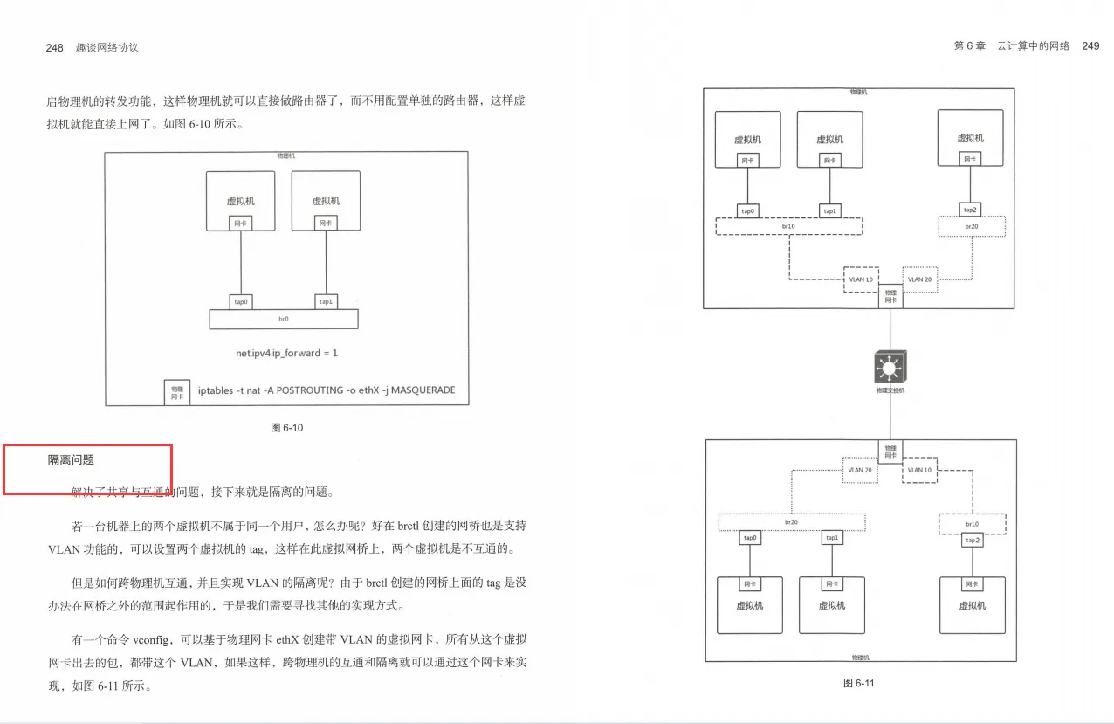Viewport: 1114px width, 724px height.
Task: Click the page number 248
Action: [x=54, y=48]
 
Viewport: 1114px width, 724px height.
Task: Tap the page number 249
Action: [x=1090, y=45]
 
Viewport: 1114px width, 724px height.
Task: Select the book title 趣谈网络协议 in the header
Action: [x=107, y=48]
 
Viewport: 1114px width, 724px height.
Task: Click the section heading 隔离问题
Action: [x=71, y=459]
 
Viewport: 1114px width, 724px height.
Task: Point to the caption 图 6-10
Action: [x=287, y=428]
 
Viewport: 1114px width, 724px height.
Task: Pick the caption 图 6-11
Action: [x=859, y=683]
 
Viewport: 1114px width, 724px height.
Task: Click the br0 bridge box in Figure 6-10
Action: [x=284, y=320]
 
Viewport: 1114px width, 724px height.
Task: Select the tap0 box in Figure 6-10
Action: [x=241, y=302]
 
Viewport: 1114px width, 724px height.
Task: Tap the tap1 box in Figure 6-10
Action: [x=326, y=302]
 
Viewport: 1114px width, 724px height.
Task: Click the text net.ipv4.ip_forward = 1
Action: [x=286, y=354]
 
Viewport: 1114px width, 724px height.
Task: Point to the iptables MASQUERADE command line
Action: [x=327, y=390]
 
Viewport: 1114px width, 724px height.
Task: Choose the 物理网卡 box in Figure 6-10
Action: [x=177, y=391]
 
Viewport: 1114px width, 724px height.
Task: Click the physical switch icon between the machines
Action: [x=891, y=367]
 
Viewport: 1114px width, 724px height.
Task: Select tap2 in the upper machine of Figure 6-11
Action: [x=970, y=210]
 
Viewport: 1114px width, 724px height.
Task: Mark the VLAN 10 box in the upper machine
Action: [x=861, y=279]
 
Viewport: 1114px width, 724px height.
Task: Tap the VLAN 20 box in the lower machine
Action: [x=860, y=470]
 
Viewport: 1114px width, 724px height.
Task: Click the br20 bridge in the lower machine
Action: [x=791, y=521]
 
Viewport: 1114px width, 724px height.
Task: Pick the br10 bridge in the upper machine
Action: [x=788, y=226]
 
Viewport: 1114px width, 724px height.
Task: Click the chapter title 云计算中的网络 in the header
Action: [x=1033, y=45]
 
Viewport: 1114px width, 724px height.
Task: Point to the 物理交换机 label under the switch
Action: [x=891, y=390]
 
